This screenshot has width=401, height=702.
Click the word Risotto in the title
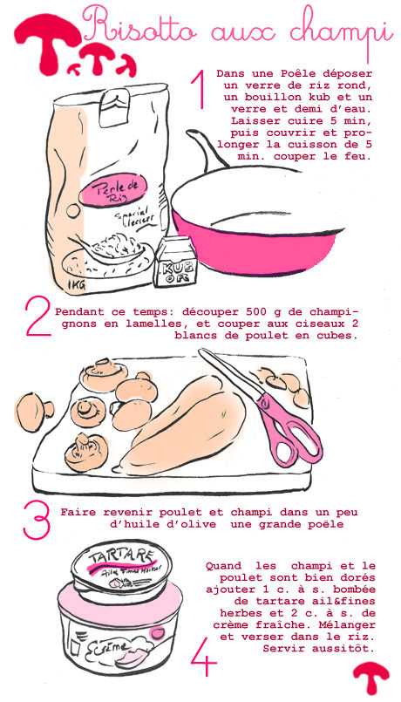pos(139,27)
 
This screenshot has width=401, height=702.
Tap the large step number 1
pos(198,90)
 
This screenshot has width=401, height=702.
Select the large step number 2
pos(38,316)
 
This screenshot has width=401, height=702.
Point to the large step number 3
pos(37,520)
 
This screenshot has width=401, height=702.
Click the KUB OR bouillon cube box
pos(174,262)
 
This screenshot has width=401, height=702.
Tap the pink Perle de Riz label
pos(112,189)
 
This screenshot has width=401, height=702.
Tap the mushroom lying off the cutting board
pos(33,412)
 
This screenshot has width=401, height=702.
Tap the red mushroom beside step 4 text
pos(371,677)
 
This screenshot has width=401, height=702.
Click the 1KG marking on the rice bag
pos(77,283)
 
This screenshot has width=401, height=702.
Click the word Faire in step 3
pos(78,512)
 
